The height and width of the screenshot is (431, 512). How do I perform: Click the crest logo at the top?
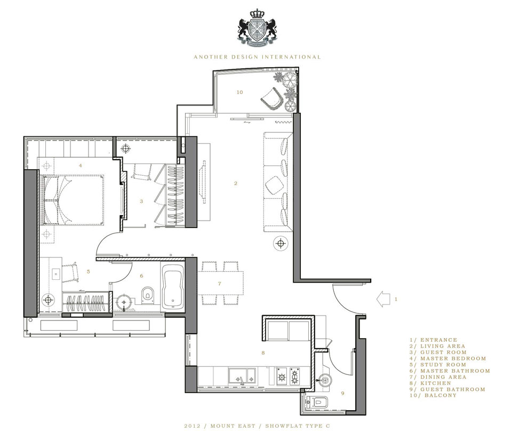[x=257, y=28]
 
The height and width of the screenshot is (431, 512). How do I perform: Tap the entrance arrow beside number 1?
[x=383, y=299]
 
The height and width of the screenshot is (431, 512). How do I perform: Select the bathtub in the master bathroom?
[x=173, y=286]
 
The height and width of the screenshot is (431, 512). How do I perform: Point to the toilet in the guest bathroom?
[x=316, y=401]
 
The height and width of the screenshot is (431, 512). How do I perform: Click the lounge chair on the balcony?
[x=271, y=98]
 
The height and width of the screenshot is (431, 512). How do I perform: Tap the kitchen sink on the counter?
[x=242, y=375]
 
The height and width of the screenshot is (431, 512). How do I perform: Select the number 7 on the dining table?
[x=219, y=284]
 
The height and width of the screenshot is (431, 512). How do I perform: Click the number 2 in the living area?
[x=235, y=183]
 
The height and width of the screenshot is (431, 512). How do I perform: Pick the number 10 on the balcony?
[x=239, y=92]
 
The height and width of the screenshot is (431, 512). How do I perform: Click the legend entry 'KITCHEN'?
[x=436, y=383]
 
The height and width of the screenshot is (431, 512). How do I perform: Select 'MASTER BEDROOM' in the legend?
[x=453, y=358]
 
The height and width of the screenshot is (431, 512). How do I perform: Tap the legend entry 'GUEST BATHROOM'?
[x=453, y=389]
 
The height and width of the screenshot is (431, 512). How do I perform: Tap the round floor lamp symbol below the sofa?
[x=280, y=244]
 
